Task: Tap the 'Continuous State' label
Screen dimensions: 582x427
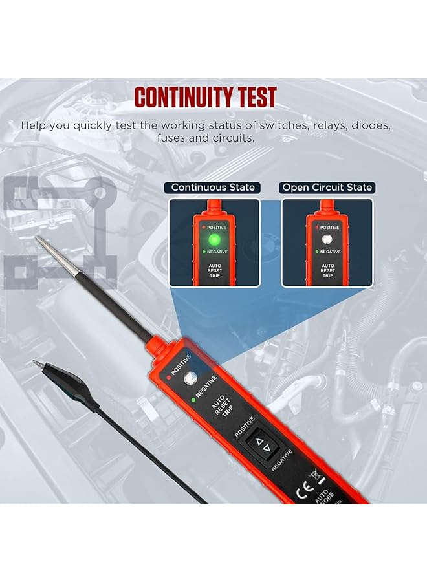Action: point(213,188)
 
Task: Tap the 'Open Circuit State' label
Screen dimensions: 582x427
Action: point(327,188)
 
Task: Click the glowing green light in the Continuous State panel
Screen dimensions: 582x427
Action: point(214,240)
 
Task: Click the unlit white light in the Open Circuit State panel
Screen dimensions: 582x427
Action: point(327,240)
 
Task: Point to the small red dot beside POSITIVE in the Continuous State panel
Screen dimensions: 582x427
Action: point(201,228)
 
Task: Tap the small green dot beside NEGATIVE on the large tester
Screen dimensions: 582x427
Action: point(193,399)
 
